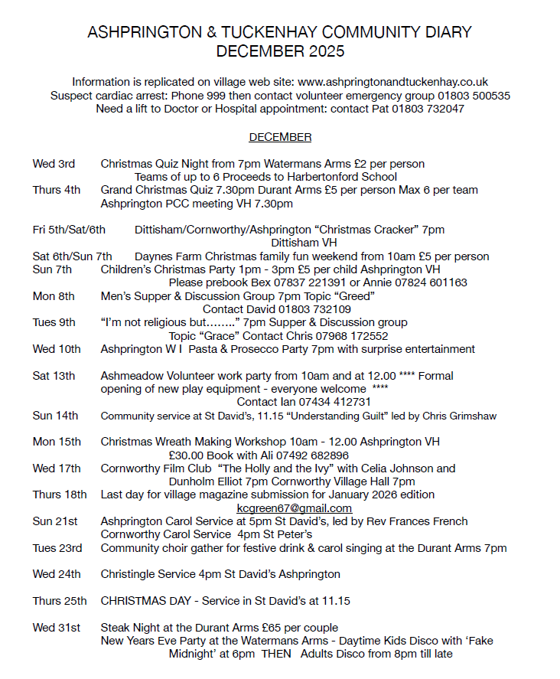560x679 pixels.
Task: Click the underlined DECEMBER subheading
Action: [x=280, y=138]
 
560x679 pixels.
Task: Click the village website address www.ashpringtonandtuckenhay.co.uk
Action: [x=392, y=82]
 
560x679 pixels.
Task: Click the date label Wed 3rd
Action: [x=54, y=164]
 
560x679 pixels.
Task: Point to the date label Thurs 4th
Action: [x=57, y=191]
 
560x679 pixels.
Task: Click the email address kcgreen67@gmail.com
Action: [x=295, y=508]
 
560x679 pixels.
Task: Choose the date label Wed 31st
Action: [x=56, y=628]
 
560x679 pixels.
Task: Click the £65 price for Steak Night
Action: [x=260, y=628]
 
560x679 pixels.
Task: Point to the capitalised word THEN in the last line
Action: [x=277, y=654]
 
